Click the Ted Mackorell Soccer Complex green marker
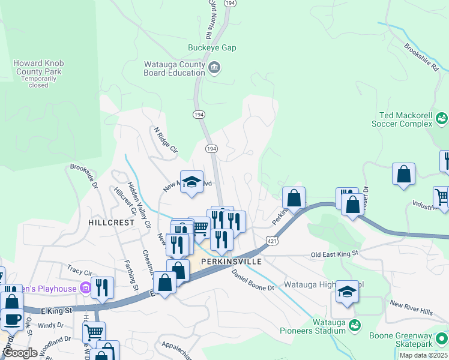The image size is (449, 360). (442, 118)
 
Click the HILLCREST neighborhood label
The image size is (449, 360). (111, 222)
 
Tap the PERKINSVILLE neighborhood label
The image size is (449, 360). (232, 262)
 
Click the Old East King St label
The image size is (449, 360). (334, 254)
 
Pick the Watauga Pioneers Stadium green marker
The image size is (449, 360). (355, 325)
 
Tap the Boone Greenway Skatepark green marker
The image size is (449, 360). (442, 338)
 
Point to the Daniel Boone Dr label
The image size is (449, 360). (253, 280)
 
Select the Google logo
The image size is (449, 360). (20, 353)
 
